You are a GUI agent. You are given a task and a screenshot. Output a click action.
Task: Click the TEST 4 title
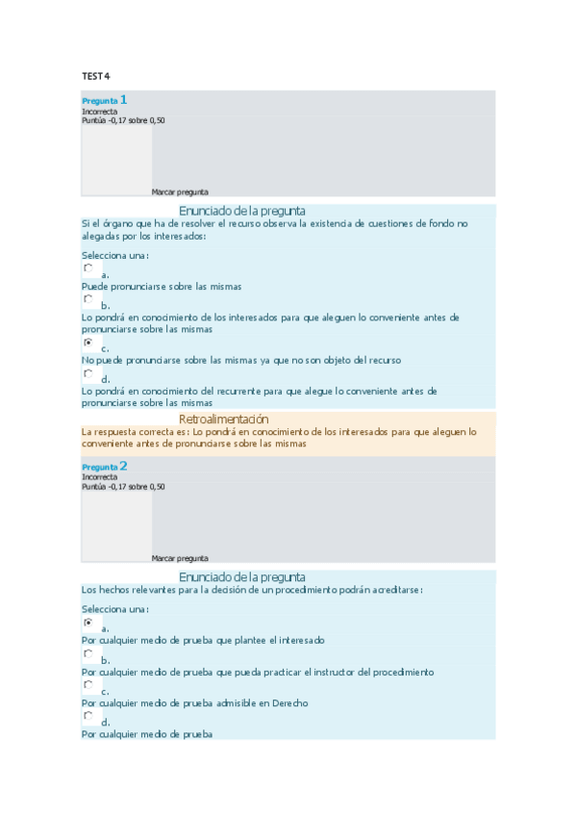(x=95, y=76)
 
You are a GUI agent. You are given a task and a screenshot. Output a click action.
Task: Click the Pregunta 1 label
(x=105, y=100)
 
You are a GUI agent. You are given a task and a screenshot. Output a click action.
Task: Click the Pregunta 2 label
(x=105, y=467)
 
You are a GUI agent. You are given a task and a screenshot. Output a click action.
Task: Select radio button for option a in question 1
(x=88, y=268)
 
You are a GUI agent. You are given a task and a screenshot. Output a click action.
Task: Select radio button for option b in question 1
(x=88, y=299)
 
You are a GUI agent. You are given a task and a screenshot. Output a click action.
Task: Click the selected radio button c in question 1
(x=88, y=343)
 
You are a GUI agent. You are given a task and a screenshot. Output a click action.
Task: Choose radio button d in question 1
(x=88, y=373)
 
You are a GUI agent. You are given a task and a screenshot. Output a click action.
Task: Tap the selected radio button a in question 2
(x=88, y=623)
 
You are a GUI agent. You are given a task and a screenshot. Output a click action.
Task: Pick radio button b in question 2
(x=88, y=653)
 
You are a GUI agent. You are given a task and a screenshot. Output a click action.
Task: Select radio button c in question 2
(x=88, y=685)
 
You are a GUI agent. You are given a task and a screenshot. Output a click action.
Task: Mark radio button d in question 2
(x=88, y=716)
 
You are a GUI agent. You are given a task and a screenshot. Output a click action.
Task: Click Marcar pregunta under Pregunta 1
(x=180, y=191)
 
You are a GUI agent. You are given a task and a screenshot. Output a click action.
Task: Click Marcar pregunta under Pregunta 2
(x=180, y=558)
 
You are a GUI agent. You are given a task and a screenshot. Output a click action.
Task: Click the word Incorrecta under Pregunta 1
(x=100, y=112)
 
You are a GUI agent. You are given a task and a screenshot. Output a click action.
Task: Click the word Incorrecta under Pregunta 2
(x=100, y=477)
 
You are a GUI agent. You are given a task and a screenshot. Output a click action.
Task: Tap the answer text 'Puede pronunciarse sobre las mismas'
(x=161, y=287)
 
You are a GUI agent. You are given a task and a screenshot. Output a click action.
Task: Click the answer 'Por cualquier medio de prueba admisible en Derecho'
(x=194, y=703)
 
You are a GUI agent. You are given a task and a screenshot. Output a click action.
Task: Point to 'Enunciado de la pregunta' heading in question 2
(x=242, y=577)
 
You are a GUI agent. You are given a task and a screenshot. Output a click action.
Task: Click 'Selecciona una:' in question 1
(x=114, y=255)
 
